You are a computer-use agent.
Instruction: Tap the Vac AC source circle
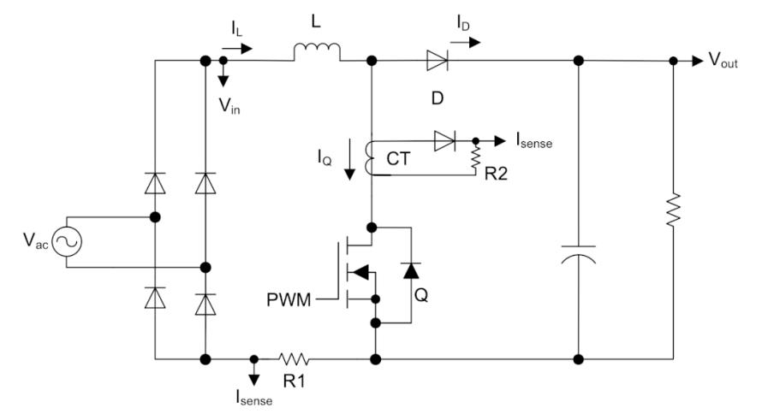67,242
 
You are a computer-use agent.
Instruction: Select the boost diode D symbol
437,61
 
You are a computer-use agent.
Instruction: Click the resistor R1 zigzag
294,359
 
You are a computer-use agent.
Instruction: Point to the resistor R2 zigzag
475,157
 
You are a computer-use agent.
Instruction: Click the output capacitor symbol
578,254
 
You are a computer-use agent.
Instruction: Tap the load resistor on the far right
673,210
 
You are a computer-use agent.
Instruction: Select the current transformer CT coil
371,158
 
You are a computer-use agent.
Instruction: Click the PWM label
289,299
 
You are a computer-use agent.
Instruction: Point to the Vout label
723,60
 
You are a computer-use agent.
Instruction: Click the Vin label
229,105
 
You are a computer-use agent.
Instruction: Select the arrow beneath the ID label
468,42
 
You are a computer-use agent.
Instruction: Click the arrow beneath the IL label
237,48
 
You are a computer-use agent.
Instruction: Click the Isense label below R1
253,398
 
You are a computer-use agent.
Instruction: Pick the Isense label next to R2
534,140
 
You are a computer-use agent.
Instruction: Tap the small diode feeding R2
444,141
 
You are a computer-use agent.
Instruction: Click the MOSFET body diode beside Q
411,269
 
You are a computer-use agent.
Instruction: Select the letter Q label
421,294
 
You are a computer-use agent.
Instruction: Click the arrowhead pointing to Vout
698,61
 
